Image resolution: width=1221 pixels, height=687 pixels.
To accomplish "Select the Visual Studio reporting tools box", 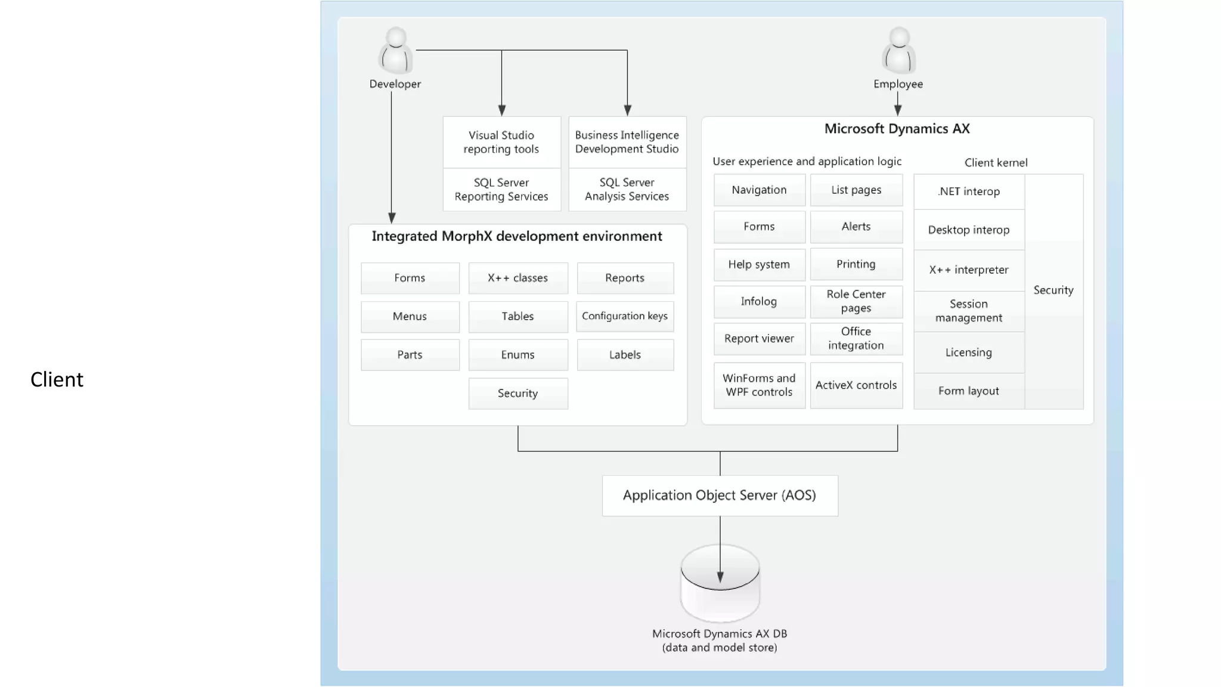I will coord(501,142).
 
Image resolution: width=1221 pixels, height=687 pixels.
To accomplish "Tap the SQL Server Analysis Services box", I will coord(627,190).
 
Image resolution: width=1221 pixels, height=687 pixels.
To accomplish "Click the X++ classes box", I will coord(517,278).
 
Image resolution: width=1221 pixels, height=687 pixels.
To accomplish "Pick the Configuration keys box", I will coord(625,316).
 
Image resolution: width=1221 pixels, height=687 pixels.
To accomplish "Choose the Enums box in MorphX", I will coord(517,355).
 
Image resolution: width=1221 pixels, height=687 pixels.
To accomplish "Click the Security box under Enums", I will coord(517,394).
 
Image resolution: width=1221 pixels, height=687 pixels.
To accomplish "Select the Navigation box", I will coord(759,190).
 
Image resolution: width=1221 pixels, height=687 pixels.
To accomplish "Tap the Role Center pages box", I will coord(856,301).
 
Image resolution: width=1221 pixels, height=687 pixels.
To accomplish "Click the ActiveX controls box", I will coord(856,385).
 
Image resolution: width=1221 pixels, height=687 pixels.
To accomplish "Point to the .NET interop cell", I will coord(969,191).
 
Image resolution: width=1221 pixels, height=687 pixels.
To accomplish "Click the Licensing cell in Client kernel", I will coord(969,352).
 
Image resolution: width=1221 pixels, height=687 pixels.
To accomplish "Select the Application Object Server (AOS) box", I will coord(720,496).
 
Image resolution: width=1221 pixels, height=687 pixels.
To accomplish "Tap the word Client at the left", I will coord(57,380).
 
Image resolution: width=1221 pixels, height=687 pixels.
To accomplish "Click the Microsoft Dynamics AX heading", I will coord(897,129).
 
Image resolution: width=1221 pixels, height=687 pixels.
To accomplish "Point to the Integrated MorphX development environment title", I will coord(517,236).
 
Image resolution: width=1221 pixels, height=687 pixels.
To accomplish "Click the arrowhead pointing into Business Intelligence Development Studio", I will coord(627,110).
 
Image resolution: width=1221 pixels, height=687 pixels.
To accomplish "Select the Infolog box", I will coord(759,302).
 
